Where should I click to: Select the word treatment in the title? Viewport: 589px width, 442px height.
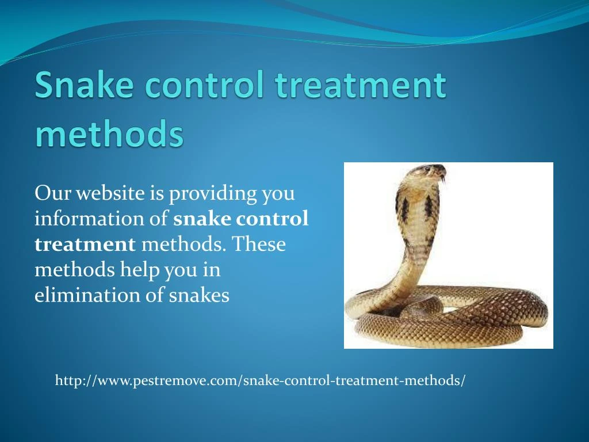tap(360, 85)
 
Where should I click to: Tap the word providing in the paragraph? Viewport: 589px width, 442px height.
tap(213, 194)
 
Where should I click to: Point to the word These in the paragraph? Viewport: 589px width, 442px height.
tap(259, 245)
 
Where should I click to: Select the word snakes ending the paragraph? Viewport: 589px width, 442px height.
tap(199, 295)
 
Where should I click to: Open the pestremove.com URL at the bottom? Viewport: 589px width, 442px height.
tap(260, 380)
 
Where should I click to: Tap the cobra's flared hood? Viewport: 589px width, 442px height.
tap(416, 213)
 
